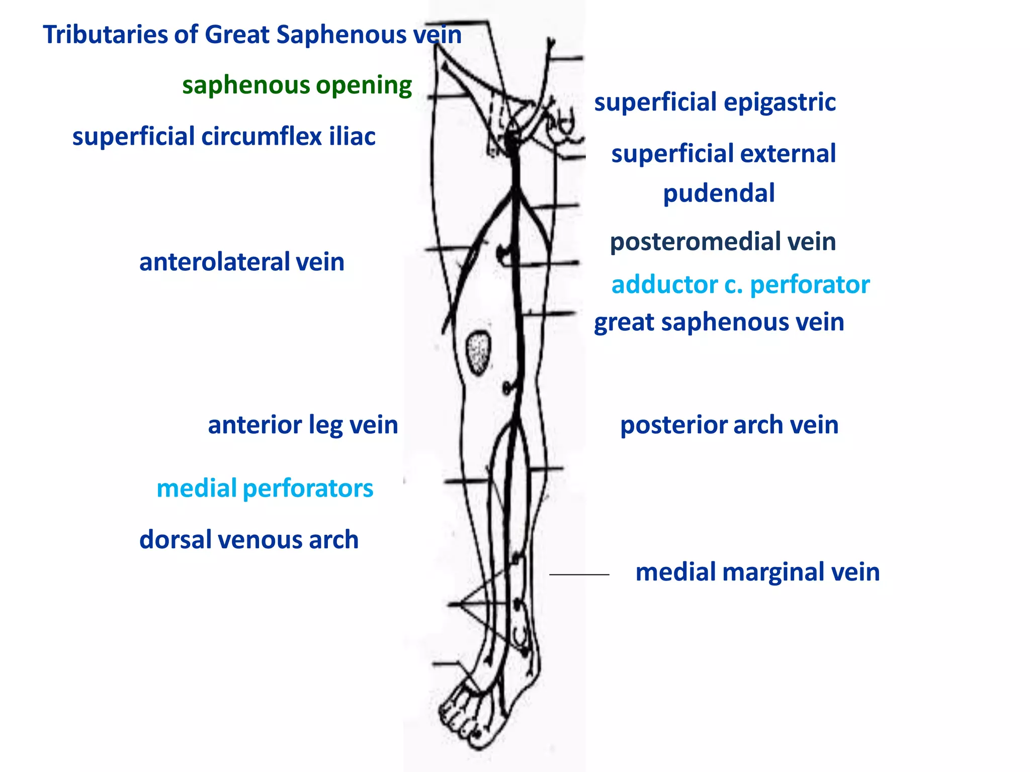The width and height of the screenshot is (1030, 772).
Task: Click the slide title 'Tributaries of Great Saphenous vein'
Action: [252, 35]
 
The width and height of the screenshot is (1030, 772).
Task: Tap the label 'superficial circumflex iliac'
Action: [224, 137]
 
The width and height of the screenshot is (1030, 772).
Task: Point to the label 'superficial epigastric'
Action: [715, 103]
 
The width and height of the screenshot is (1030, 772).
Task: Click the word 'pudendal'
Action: [719, 194]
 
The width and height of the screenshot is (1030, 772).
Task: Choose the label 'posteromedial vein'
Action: [723, 242]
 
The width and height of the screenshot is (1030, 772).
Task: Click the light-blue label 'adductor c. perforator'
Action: [740, 285]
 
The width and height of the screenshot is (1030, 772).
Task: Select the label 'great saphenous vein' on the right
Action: [719, 322]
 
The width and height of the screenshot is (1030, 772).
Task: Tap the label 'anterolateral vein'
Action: [241, 262]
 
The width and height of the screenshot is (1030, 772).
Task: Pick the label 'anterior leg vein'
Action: [303, 425]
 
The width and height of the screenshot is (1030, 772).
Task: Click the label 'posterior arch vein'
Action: [729, 425]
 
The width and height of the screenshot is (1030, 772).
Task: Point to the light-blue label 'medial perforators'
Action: [265, 489]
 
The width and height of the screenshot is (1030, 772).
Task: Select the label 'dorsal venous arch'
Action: [249, 540]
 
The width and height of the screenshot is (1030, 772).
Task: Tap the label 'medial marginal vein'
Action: [757, 572]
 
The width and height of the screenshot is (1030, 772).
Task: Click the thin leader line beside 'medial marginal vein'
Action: [579, 574]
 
